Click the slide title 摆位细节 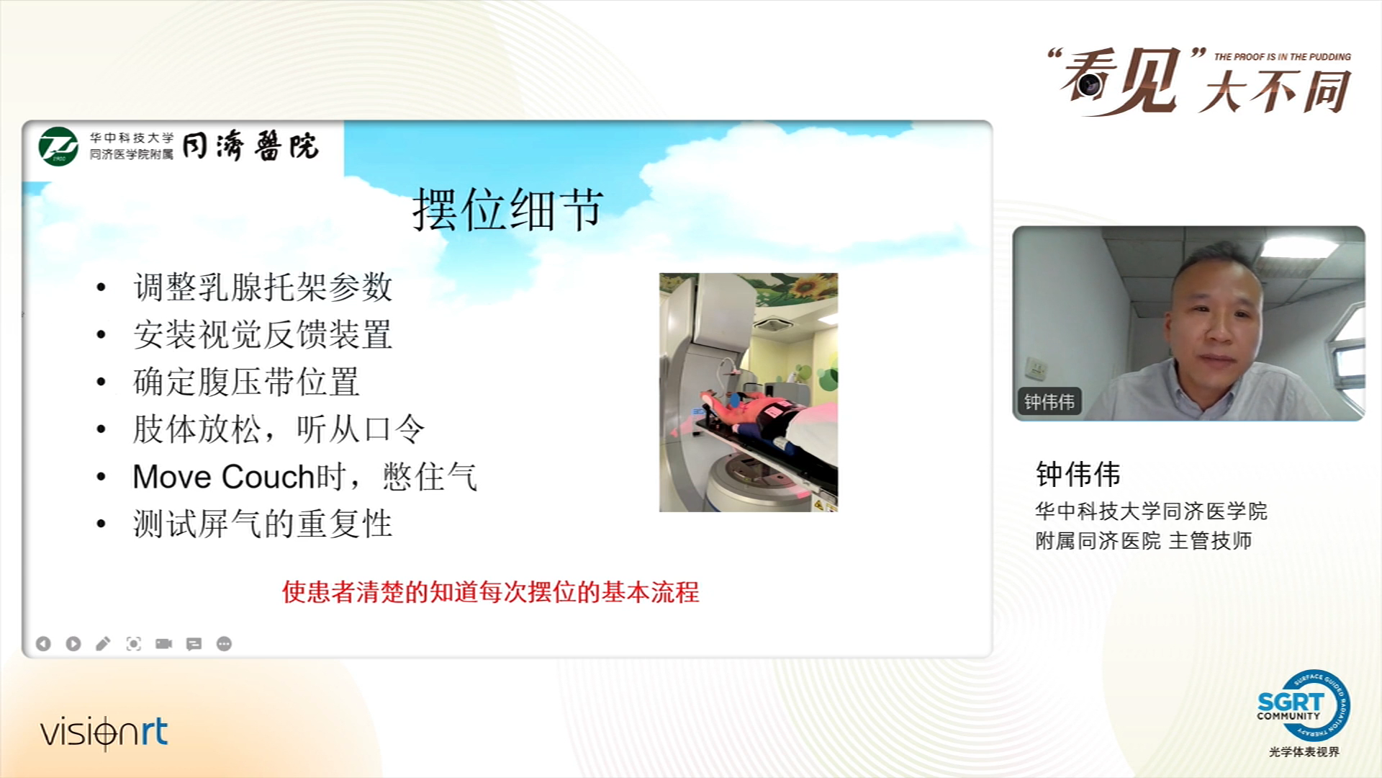coord(507,210)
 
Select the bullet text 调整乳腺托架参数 coord(263,287)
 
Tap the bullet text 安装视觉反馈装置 coord(263,334)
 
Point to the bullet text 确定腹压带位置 coord(246,382)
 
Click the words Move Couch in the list coord(224,477)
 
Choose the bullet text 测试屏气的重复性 coord(263,524)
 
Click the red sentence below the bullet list coord(491,592)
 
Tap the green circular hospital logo coord(58,146)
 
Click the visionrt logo coord(104,733)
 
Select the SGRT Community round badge coord(1304,705)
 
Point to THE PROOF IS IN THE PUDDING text coord(1283,57)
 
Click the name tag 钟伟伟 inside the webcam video coord(1049,401)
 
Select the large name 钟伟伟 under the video coord(1078,475)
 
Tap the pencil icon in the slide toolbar coord(103,643)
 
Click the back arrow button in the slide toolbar coord(43,643)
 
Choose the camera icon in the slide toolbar coord(164,643)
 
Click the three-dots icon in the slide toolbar coord(224,643)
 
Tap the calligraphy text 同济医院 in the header coord(250,146)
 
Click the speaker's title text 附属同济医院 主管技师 coord(1144,541)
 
